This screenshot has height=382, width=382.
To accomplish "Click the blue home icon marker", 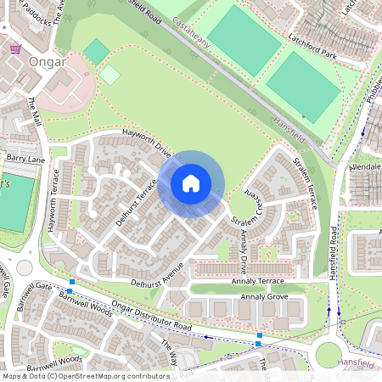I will [191, 183].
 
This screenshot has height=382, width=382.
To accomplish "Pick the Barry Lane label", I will [25, 158].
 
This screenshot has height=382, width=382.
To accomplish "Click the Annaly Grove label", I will [265, 297].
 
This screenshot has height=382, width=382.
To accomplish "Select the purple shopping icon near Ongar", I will [15, 48].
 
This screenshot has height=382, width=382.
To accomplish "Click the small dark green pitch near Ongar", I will [97, 53].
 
